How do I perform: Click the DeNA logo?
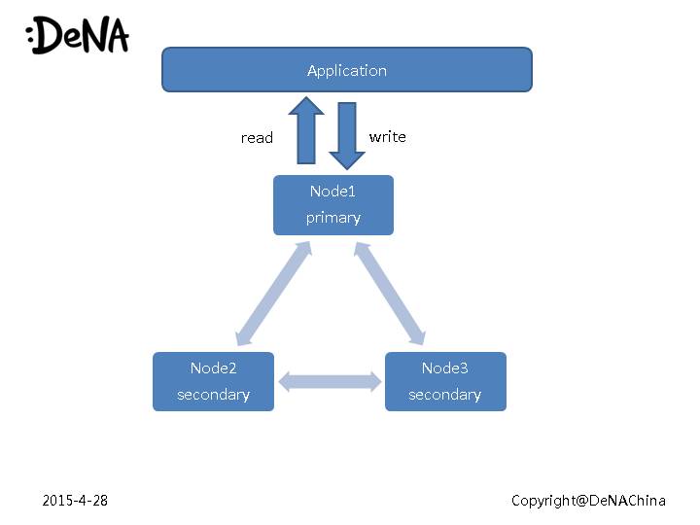77,35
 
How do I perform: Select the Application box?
233,70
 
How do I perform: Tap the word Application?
346,70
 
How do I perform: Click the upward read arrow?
306,130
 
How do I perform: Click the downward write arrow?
346,132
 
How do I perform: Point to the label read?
257,138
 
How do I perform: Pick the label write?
387,137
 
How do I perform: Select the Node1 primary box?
332,204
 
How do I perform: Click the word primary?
332,218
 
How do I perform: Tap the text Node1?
332,192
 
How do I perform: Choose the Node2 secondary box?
213,381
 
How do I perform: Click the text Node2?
213,368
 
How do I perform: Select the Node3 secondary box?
445,381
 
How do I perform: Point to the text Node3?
445,368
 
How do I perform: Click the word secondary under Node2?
213,395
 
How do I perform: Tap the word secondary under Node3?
445,395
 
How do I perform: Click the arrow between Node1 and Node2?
273,294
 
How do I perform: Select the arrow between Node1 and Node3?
390,294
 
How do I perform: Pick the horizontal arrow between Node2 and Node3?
330,381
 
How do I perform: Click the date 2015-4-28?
75,500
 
